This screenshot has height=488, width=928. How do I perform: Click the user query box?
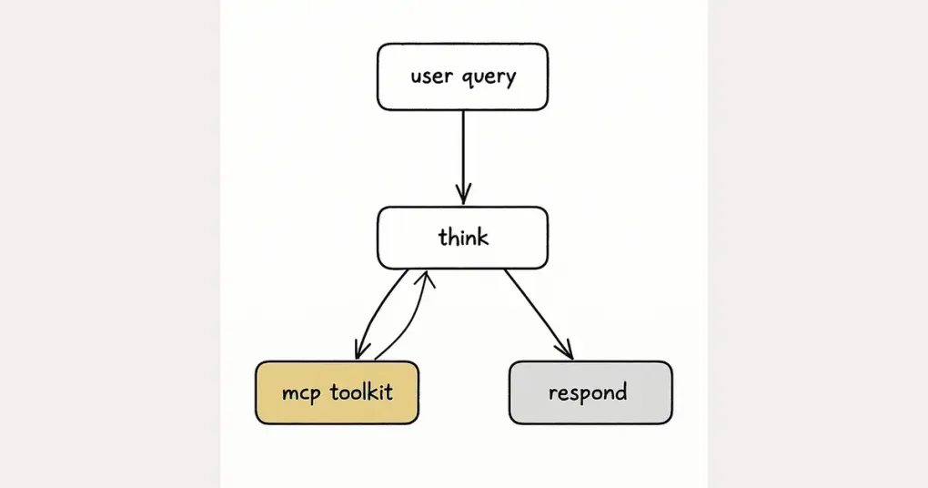tap(462, 76)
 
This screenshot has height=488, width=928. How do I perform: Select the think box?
tap(462, 238)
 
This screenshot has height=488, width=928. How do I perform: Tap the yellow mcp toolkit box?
tap(337, 392)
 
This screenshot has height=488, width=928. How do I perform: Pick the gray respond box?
tap(590, 392)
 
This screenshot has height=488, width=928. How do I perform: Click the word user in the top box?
tap(430, 76)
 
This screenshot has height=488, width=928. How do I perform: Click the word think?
tap(463, 238)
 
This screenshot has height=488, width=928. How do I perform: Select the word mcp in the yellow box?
tap(302, 394)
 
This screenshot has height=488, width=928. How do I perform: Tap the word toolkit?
tap(361, 392)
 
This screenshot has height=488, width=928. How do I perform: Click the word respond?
tap(588, 394)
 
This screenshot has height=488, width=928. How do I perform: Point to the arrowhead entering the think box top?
tap(463, 196)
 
